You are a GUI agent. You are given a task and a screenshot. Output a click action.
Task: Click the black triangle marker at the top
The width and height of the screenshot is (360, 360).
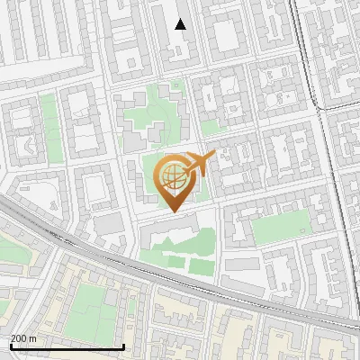point(181,24)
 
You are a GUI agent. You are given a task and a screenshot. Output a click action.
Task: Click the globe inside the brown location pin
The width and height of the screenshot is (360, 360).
point(171,175)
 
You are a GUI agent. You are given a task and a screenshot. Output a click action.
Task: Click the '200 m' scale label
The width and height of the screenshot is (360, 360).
point(23,337)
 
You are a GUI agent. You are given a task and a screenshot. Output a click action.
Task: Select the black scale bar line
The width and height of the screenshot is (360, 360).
point(67,346)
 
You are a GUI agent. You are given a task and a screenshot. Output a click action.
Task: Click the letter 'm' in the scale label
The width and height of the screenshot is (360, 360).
point(32,337)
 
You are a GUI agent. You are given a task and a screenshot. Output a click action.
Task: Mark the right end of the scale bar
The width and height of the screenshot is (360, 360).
point(123,346)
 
